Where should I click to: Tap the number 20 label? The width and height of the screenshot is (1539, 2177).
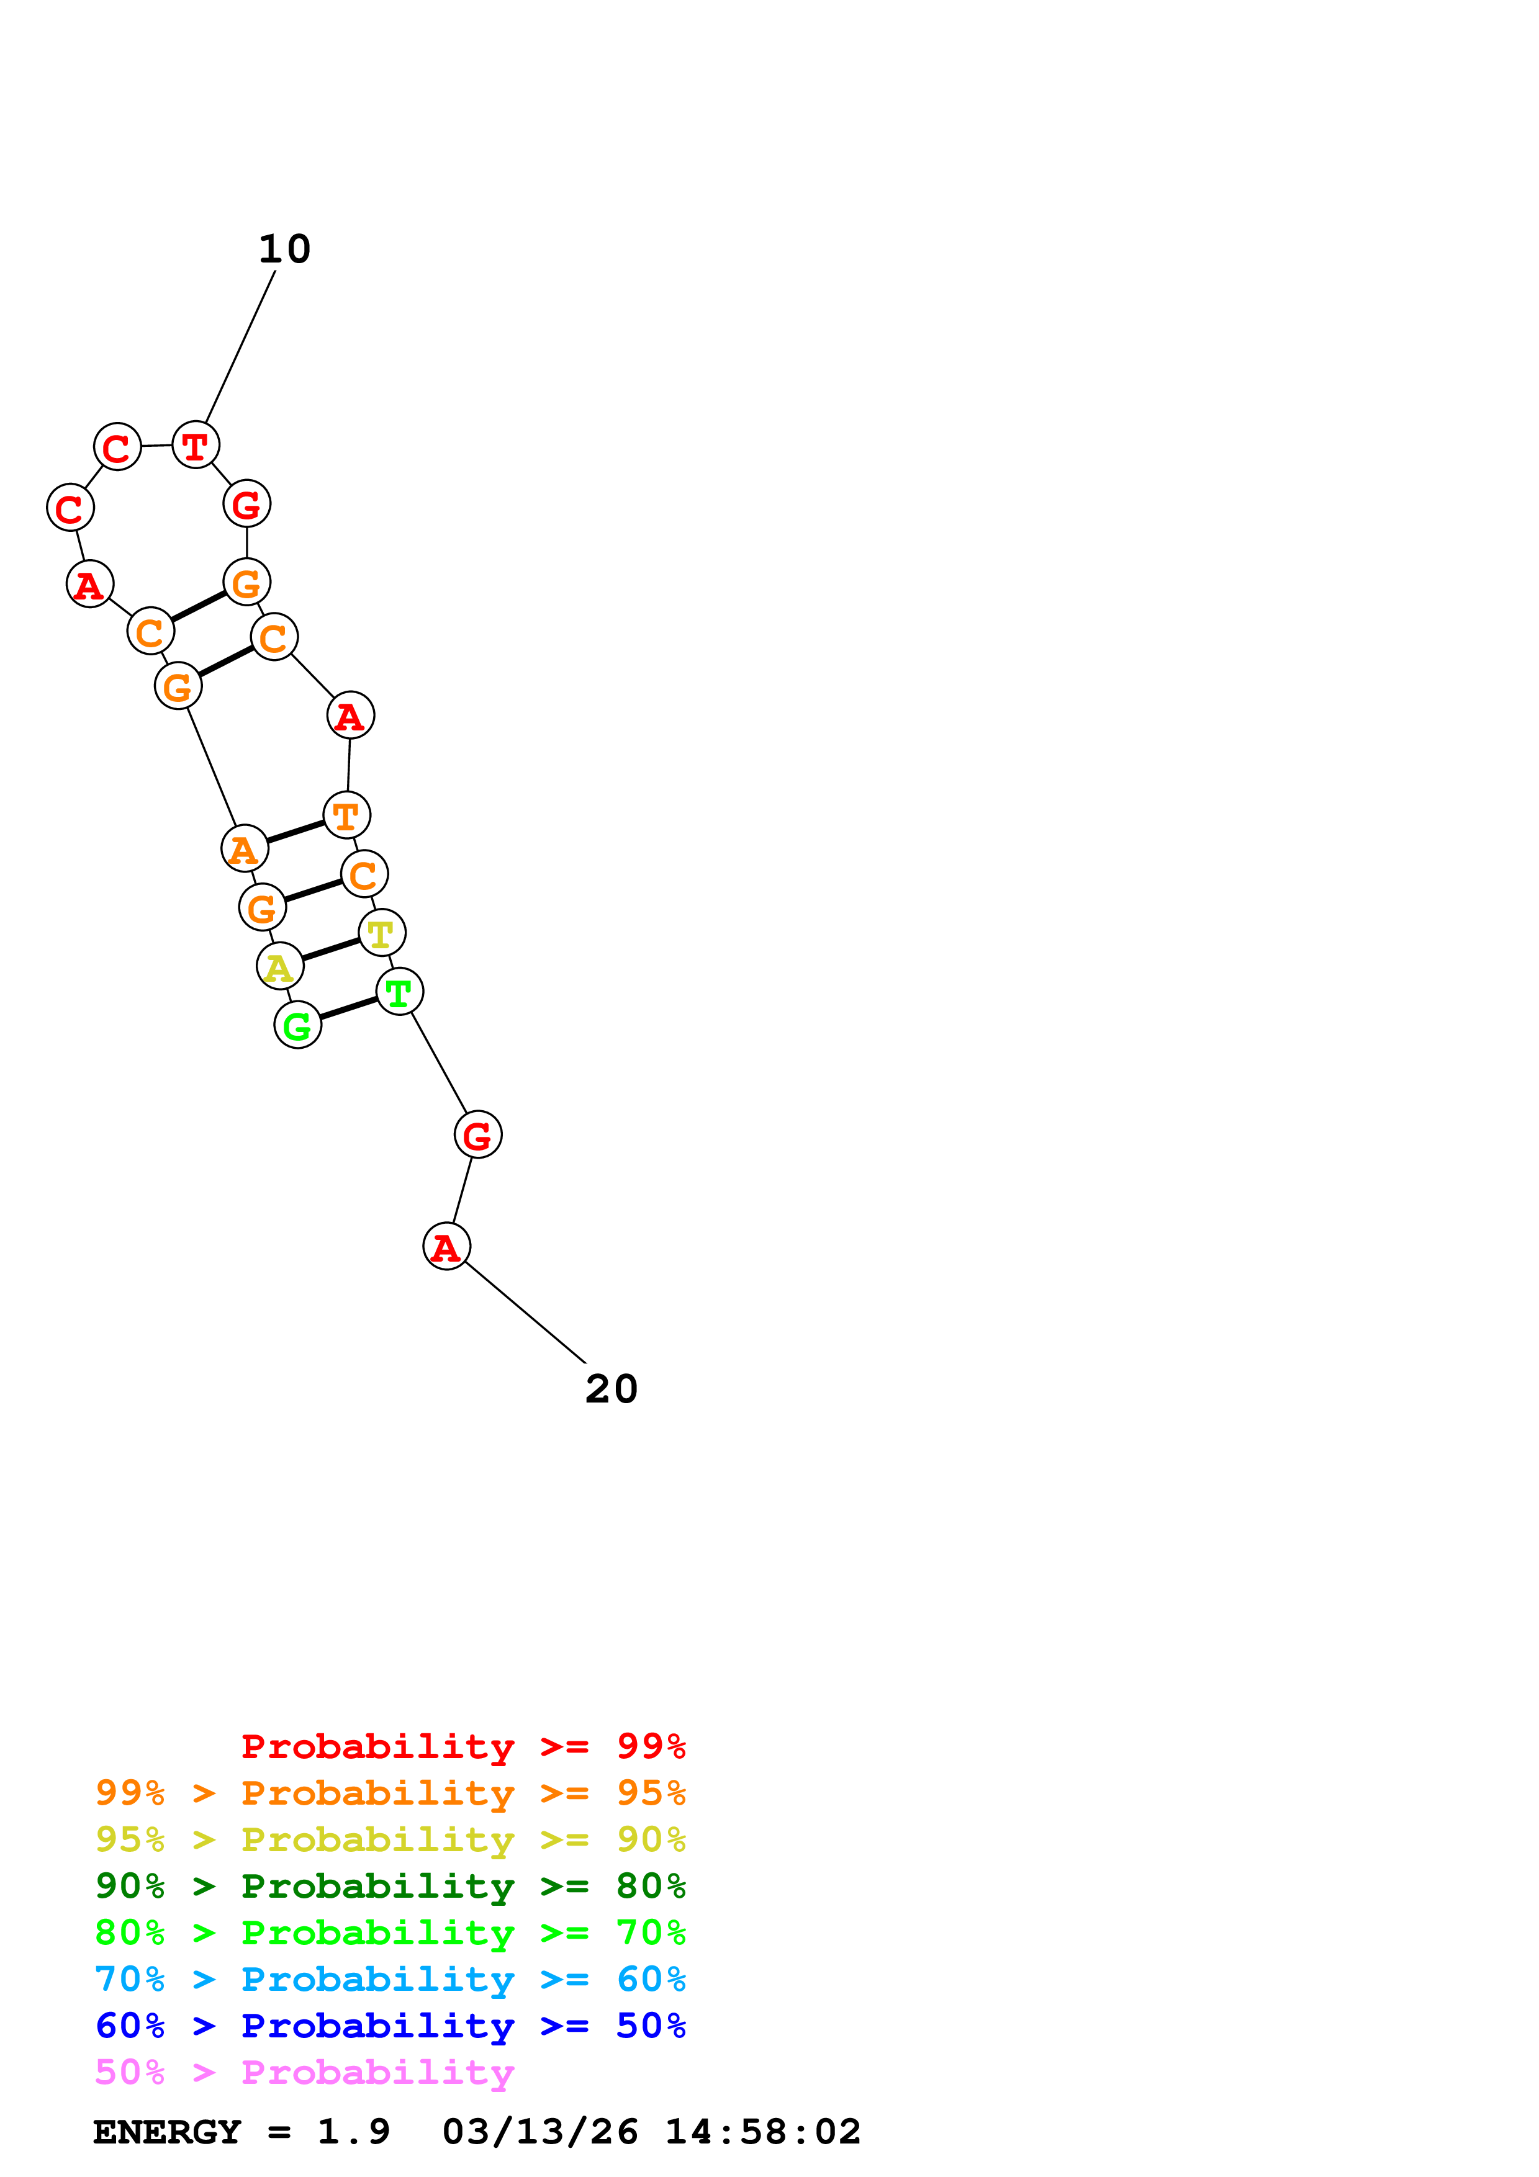coord(612,1389)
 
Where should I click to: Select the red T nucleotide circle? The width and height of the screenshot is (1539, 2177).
coord(196,445)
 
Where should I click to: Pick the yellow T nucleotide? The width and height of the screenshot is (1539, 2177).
coord(381,933)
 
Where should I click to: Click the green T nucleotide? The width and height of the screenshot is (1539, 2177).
coord(399,992)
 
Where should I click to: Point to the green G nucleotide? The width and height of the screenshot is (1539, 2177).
coord(298,1025)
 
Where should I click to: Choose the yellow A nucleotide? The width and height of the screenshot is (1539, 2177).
coord(280,966)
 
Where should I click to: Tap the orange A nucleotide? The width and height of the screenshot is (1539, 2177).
coord(245,848)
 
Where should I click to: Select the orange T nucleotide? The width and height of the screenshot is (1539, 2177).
coord(346,814)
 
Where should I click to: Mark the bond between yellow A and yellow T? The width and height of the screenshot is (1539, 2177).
coord(331,949)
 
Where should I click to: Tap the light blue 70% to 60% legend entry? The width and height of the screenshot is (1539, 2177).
coord(390,1979)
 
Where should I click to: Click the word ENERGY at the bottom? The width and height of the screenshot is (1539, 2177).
coord(167,2132)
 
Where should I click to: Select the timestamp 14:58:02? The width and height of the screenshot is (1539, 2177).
coord(762,2132)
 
